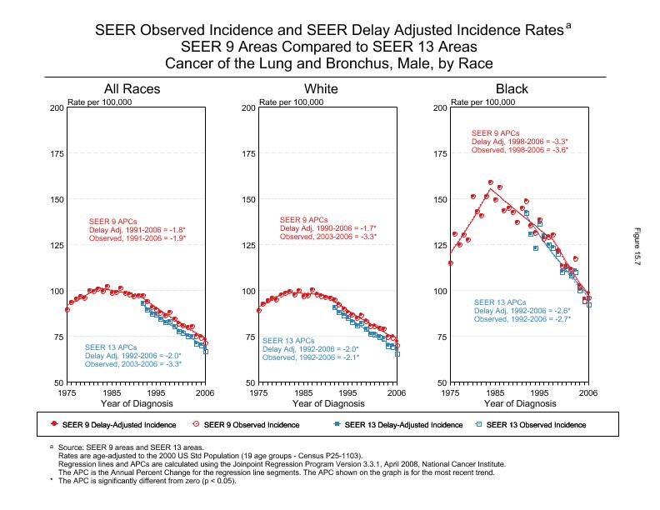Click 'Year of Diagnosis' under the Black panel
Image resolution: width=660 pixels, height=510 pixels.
pos(519,403)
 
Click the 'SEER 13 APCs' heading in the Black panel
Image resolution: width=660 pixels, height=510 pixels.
pos(500,302)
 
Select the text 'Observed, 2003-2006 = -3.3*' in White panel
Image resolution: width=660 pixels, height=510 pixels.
pos(327,237)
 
